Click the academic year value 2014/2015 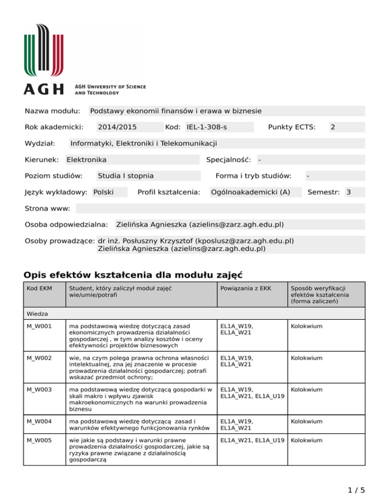[117, 127]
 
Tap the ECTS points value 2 [332, 127]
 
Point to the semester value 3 [348, 192]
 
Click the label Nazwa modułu [53, 111]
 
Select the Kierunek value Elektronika [87, 160]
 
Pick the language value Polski [103, 192]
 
